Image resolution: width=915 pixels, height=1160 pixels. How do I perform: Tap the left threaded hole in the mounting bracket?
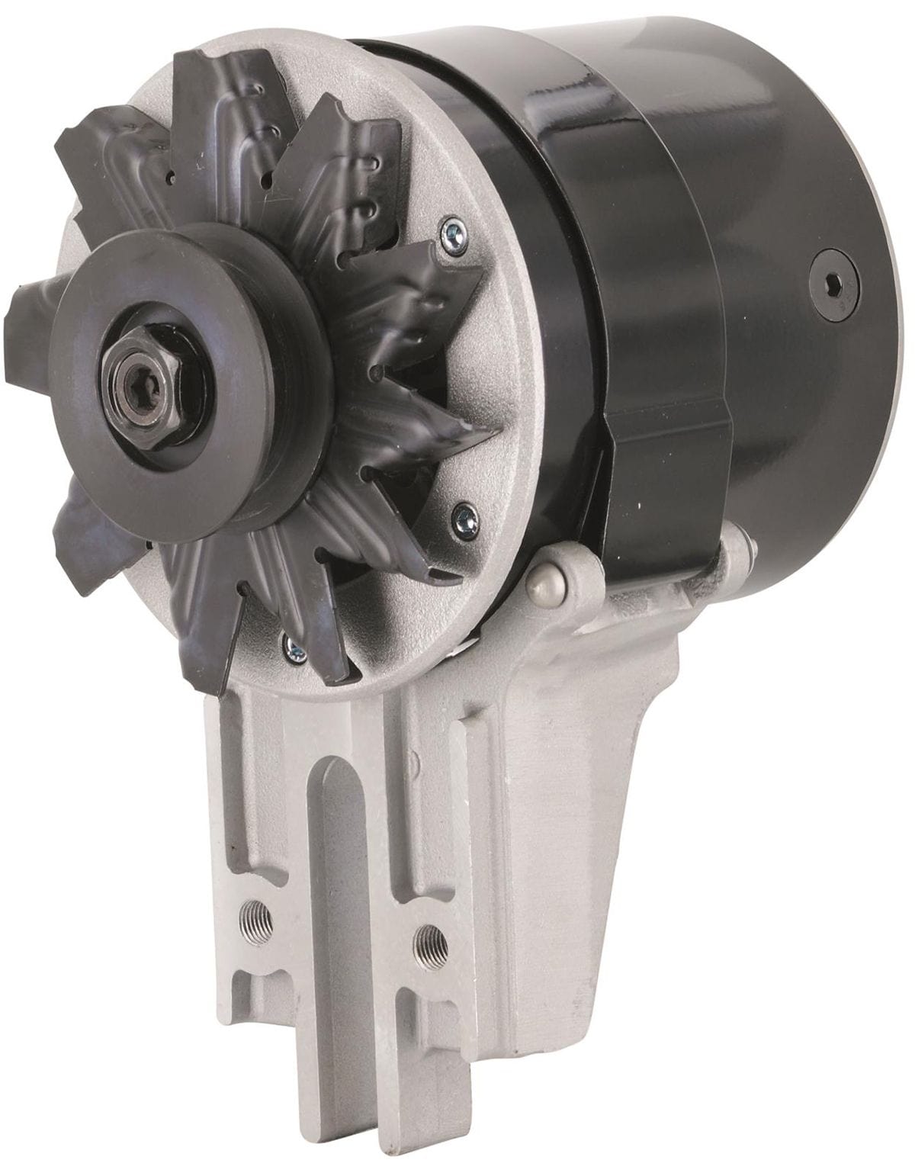[249, 912]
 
